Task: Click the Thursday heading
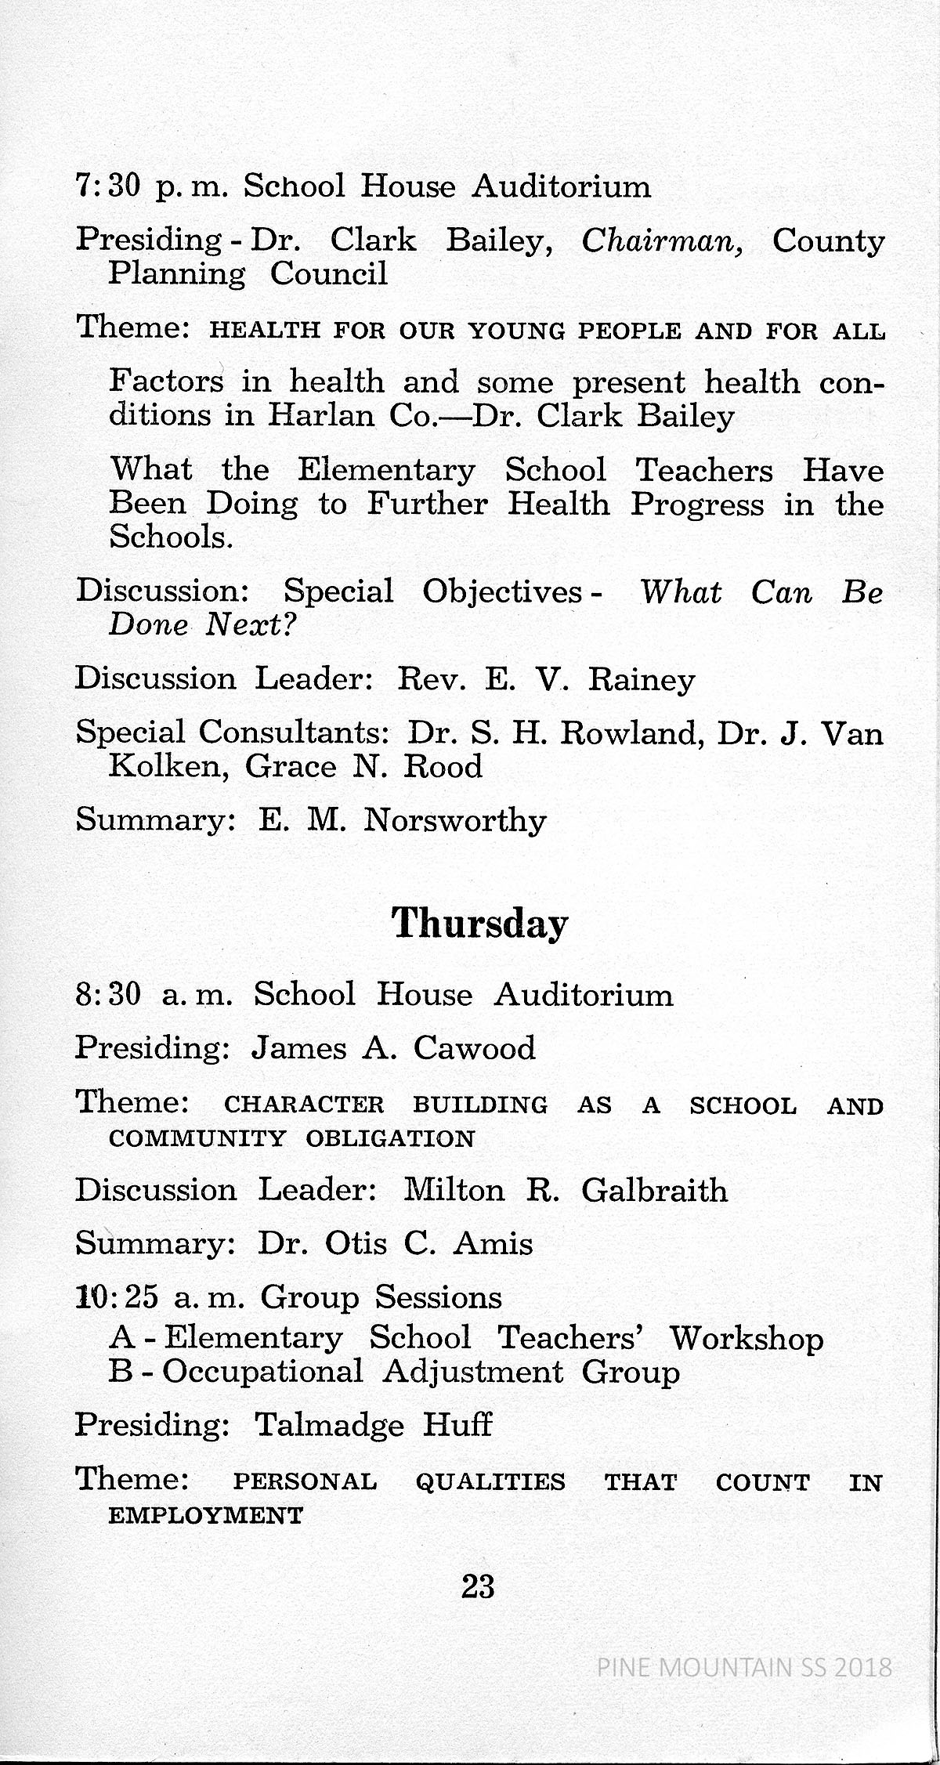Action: point(479,924)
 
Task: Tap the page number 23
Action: point(478,1587)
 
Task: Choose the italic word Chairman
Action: point(663,241)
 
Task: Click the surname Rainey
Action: point(641,679)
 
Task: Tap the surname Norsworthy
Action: point(454,821)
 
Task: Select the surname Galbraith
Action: point(654,1191)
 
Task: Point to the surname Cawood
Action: point(474,1048)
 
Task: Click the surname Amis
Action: point(493,1244)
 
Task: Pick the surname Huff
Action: point(457,1424)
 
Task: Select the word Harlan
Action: point(322,416)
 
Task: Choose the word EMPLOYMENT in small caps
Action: point(205,1516)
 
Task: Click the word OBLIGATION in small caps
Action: point(390,1138)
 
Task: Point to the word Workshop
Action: point(746,1339)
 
